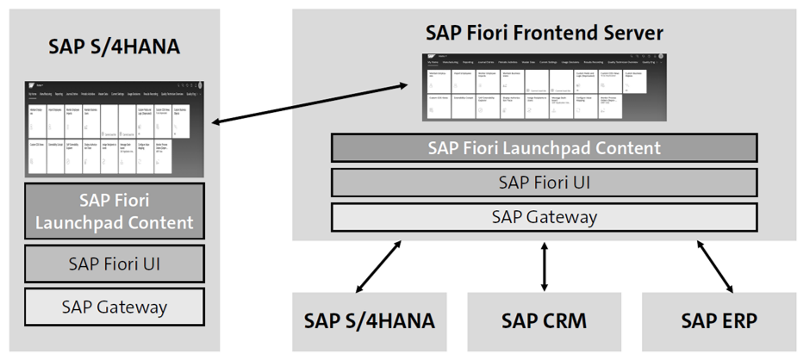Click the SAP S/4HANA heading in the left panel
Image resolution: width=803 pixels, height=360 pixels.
[x=114, y=47]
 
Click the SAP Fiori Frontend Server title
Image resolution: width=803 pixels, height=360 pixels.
[x=544, y=33]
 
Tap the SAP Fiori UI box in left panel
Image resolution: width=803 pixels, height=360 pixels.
[x=114, y=264]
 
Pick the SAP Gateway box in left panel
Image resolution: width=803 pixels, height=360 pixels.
[x=114, y=307]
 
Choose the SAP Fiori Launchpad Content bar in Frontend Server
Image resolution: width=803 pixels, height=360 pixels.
[x=544, y=148]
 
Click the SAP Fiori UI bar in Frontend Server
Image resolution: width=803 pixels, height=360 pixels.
[x=544, y=183]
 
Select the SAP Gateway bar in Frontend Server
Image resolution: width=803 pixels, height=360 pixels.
[x=544, y=216]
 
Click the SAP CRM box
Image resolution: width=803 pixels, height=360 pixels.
[x=544, y=321]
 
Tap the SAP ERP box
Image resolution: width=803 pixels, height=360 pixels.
[x=719, y=321]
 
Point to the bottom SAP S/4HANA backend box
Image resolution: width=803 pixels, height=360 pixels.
[x=369, y=321]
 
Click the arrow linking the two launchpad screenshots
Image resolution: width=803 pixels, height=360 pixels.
[x=309, y=104]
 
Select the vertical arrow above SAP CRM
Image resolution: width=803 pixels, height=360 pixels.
[x=544, y=266]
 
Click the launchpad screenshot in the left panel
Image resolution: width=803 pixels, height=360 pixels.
[x=114, y=130]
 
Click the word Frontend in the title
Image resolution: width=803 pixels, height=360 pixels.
[x=557, y=33]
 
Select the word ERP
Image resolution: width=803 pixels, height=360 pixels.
[x=738, y=321]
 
